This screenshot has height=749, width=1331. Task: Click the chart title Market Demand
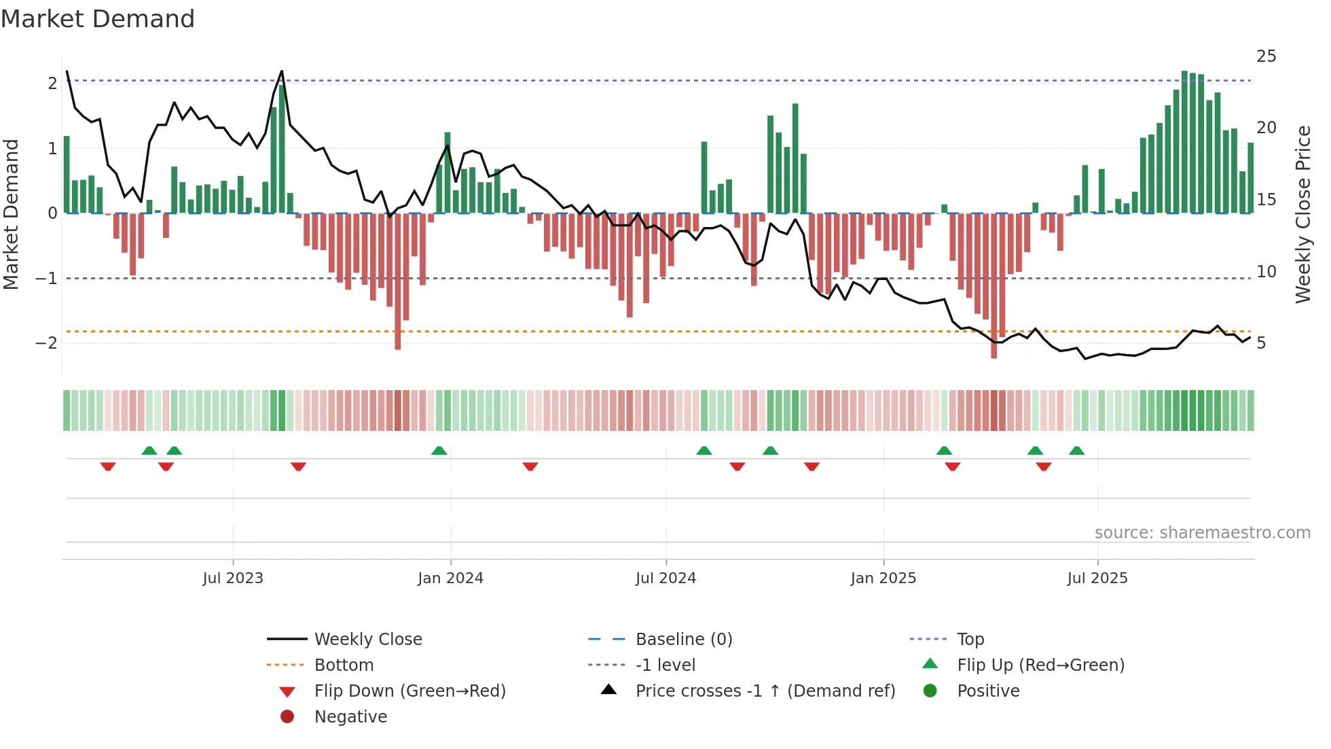(x=98, y=19)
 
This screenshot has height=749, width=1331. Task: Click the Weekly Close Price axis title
(x=1302, y=214)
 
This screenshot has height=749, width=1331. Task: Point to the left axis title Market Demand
(x=11, y=214)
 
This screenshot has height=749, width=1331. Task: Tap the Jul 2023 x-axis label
(x=232, y=578)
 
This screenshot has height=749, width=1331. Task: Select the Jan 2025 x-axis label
(x=883, y=578)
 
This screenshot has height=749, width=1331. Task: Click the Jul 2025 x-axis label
(x=1097, y=578)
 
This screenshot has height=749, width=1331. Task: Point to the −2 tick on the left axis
(x=46, y=343)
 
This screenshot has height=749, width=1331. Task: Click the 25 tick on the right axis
(x=1266, y=56)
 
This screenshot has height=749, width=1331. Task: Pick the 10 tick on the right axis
(x=1266, y=272)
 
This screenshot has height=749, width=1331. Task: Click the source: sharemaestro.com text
(x=1202, y=533)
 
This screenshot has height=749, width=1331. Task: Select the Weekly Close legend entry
(x=367, y=640)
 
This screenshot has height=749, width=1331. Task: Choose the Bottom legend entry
(x=344, y=665)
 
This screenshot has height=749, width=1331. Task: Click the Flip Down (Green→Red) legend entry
(x=409, y=691)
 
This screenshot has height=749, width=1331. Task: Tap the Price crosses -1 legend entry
(x=765, y=691)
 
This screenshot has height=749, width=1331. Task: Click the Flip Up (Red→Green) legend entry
(x=1040, y=665)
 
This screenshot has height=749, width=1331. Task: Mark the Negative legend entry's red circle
(x=287, y=717)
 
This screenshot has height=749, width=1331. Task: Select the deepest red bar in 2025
(x=993, y=285)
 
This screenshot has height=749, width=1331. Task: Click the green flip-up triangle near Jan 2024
(x=439, y=451)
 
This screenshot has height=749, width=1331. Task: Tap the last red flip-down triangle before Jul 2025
(x=1044, y=466)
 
